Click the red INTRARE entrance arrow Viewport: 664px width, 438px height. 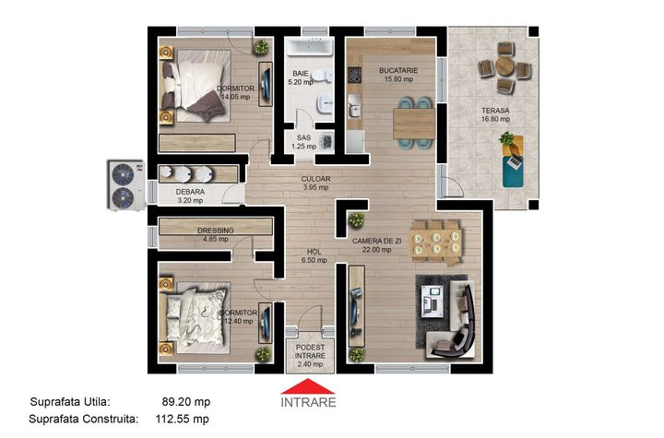308,386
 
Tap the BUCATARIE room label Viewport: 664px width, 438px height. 398,71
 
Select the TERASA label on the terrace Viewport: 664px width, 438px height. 495,111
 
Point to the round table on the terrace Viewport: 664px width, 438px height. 504,66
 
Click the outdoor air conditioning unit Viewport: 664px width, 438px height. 125,184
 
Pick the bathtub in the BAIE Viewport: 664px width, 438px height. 311,47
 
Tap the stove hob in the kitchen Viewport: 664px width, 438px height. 354,75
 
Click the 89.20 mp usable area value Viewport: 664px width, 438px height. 186,401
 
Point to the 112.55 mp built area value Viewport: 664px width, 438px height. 182,419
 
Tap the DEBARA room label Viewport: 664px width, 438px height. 190,192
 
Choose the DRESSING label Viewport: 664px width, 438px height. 216,231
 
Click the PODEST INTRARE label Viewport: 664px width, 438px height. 311,351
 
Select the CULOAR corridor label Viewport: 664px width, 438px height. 315,179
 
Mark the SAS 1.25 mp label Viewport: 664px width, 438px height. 303,142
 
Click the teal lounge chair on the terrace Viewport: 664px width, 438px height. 513,172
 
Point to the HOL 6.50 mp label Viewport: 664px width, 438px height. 314,255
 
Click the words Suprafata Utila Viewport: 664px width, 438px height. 70,401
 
